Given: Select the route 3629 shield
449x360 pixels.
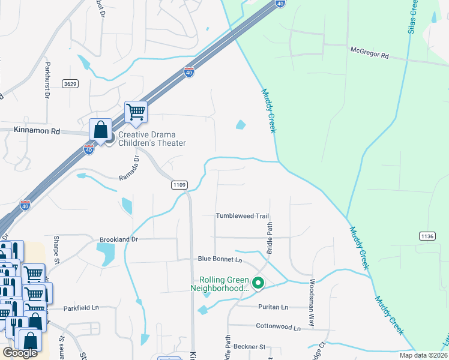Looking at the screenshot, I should [x=70, y=85].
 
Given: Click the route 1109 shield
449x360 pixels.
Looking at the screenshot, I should [x=179, y=185].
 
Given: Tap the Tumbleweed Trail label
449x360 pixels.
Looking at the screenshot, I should [x=243, y=216].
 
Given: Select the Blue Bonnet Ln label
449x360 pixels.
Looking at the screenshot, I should [x=220, y=259].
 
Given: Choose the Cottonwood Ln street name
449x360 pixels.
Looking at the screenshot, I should [x=277, y=328].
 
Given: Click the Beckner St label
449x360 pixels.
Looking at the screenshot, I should [x=249, y=347].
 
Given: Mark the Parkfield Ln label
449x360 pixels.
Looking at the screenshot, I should [x=81, y=308].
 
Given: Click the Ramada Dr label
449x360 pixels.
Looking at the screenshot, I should [x=130, y=169].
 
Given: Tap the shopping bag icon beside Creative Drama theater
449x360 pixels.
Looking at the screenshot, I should [x=100, y=130].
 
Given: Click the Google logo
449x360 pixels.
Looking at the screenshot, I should [x=20, y=353].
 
